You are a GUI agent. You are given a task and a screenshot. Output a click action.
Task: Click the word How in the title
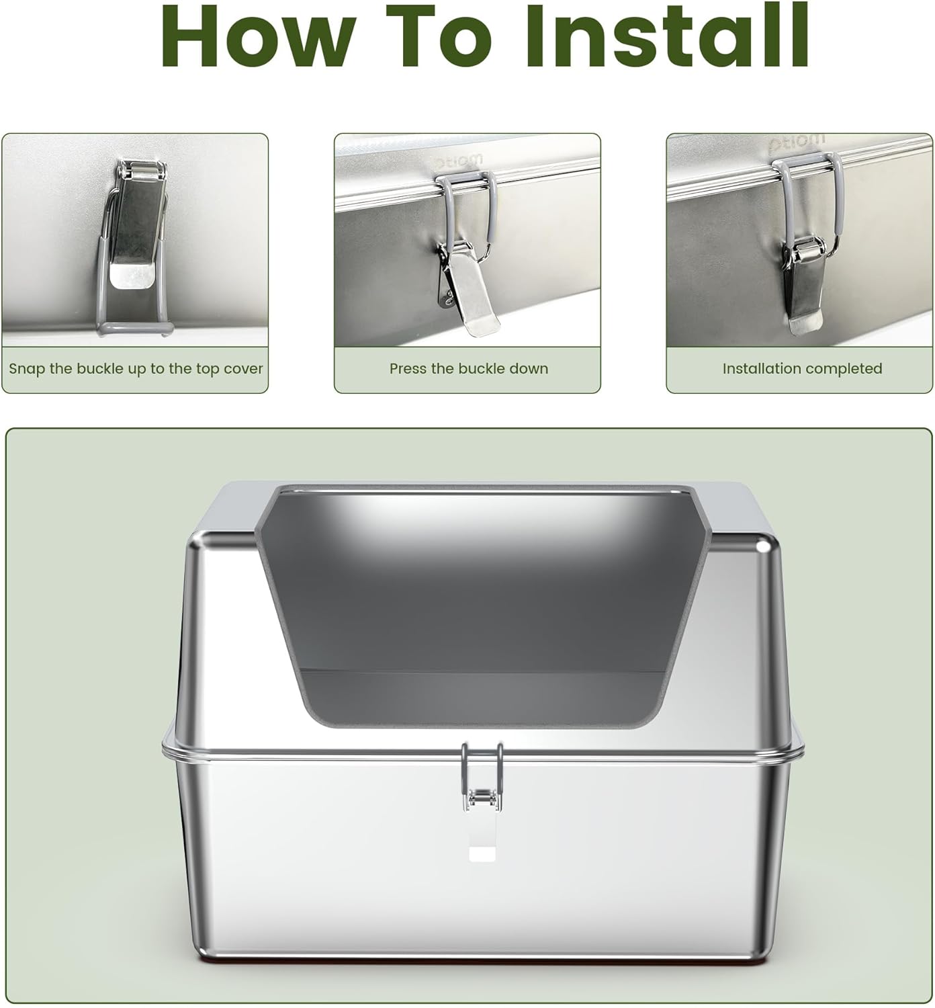(x=258, y=36)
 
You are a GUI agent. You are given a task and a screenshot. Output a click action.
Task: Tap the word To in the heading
(x=439, y=36)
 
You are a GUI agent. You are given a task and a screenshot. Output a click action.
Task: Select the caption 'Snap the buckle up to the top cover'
(x=136, y=369)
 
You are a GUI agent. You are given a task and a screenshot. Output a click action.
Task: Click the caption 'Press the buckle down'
(x=469, y=368)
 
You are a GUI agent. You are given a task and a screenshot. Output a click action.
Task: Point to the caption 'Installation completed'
(x=802, y=369)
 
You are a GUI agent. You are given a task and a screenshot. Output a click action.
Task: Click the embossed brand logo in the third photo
(x=797, y=142)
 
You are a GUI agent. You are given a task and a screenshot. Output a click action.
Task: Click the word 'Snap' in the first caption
(x=28, y=370)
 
